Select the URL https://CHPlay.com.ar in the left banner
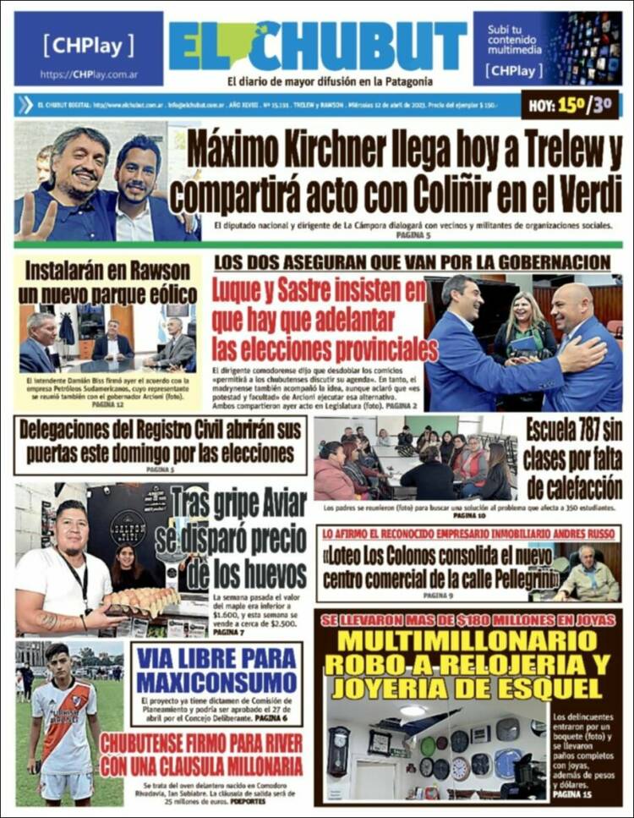[88, 74]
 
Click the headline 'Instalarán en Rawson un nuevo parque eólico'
[107, 283]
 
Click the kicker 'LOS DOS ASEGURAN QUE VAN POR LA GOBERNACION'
[412, 261]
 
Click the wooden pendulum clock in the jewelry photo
[339, 749]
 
